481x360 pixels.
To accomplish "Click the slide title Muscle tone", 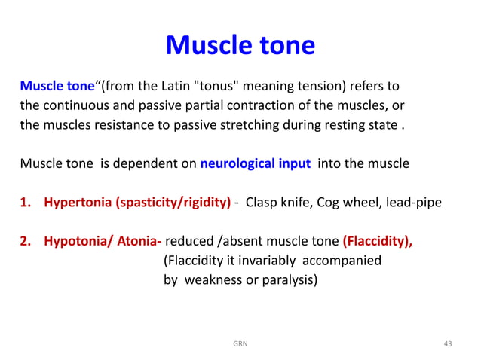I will (240, 45).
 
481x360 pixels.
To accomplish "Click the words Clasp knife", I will (283, 203).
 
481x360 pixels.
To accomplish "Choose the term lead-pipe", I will (418, 203).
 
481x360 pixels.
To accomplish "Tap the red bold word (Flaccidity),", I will (377, 242).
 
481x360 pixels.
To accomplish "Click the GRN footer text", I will (240, 343).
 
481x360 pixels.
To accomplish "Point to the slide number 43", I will (448, 343).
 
